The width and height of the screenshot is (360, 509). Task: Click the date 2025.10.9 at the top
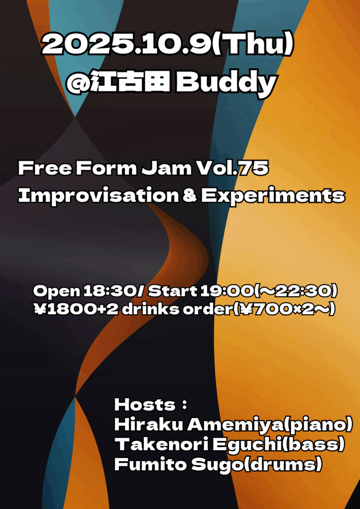coord(124,46)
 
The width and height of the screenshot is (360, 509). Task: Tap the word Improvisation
coord(97,195)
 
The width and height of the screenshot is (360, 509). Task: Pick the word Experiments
coord(272,195)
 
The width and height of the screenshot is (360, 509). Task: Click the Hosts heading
coord(145,405)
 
